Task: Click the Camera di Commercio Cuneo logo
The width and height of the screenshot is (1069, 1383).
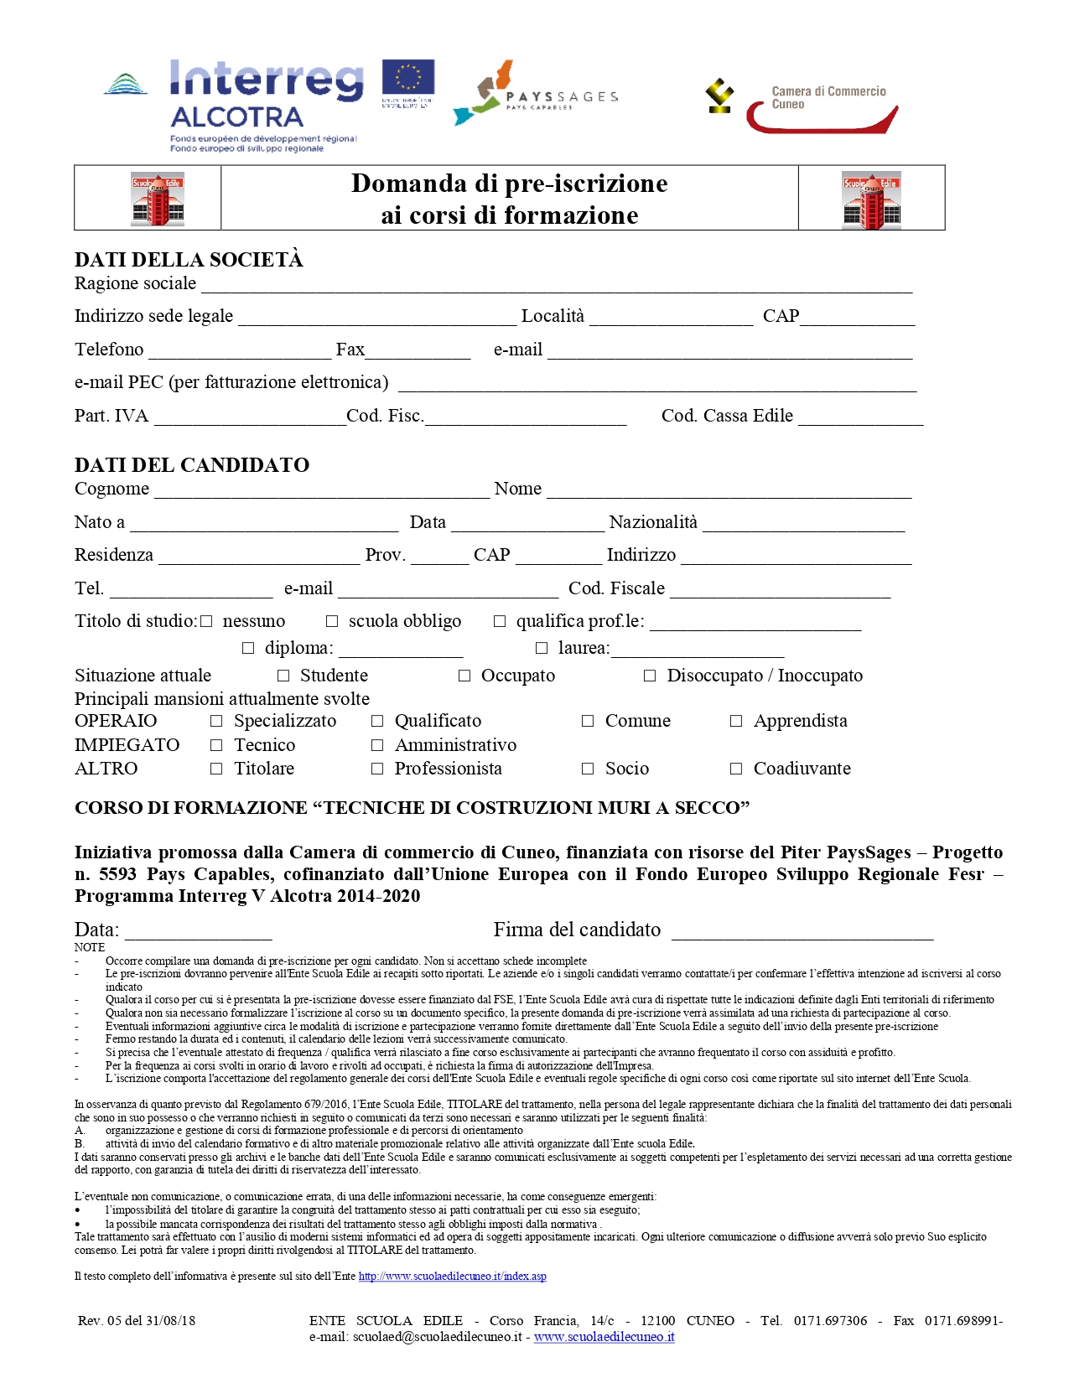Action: (802, 107)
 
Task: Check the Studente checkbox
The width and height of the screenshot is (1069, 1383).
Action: (283, 676)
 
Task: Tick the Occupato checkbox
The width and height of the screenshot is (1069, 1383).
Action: (464, 676)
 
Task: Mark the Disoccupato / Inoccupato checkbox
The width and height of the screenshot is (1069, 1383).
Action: (650, 676)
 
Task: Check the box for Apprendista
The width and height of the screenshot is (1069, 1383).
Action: (736, 721)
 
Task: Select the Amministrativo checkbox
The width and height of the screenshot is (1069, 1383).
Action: (377, 745)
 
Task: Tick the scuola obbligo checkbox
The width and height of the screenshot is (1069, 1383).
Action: (332, 621)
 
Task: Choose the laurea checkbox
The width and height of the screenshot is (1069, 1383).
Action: (542, 648)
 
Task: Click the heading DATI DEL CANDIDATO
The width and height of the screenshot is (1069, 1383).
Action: (192, 465)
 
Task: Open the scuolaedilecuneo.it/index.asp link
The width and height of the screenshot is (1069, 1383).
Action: (452, 1277)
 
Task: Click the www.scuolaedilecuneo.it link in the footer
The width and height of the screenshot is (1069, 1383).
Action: (604, 1337)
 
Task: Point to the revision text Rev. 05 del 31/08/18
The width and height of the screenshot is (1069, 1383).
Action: (137, 1321)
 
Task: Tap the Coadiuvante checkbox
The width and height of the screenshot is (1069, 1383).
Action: (736, 769)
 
